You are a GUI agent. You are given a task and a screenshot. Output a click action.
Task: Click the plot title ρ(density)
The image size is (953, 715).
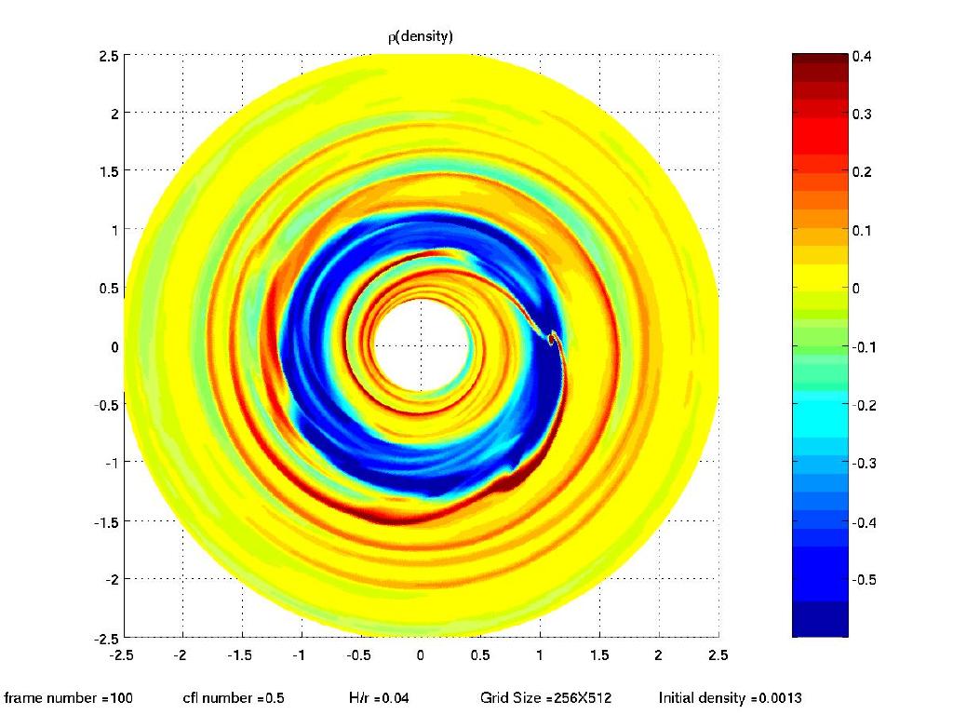point(422,36)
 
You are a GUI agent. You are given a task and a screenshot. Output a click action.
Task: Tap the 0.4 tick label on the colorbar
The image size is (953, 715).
point(863,57)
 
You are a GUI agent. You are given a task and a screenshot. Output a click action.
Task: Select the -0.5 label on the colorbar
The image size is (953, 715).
point(866,579)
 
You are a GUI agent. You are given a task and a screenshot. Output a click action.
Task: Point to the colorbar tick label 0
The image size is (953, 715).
point(856,289)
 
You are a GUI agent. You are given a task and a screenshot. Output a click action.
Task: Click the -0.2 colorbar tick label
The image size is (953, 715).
point(866,405)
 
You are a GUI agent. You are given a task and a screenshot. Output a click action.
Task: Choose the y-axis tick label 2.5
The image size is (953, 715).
point(108,56)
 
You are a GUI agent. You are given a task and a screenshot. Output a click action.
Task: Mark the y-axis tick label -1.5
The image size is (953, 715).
point(105,520)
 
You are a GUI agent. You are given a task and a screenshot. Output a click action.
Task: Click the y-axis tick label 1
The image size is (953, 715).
point(114,230)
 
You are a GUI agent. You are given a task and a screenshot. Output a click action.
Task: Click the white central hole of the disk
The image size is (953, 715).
point(421,345)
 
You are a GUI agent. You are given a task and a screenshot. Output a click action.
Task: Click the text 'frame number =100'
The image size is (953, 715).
point(69,697)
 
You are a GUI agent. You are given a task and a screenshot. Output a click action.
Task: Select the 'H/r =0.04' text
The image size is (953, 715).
point(376,697)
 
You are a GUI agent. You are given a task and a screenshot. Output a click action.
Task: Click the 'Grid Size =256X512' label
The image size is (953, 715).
point(545,697)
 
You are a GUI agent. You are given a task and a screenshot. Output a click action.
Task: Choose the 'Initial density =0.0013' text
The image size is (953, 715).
point(731,697)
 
